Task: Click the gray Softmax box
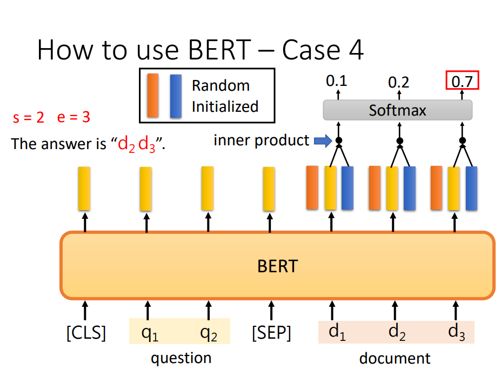coord(397,110)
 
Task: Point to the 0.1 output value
coord(337,81)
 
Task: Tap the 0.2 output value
coord(398,83)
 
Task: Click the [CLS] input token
coord(86,333)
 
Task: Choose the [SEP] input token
coord(271,333)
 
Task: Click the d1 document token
coord(337,332)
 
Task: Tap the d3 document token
coord(457,332)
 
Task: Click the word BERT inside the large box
coord(278,266)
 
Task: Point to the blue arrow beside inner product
coord(323,140)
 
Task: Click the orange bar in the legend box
coord(153,96)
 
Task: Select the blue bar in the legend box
coord(176,96)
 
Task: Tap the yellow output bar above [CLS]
coord(84,189)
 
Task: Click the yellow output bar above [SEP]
coord(269,189)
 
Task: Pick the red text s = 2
coord(29,117)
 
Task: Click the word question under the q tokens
coord(181,358)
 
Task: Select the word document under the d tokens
coord(395,358)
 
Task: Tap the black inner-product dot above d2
coord(400,140)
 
